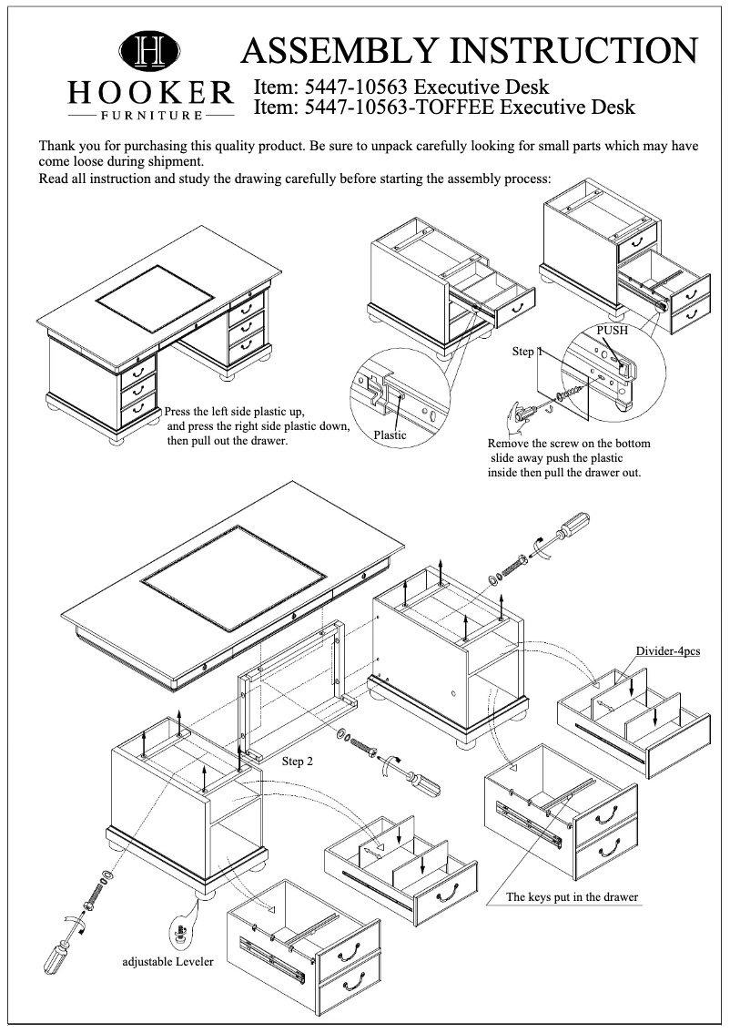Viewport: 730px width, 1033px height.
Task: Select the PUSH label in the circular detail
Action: coord(612,331)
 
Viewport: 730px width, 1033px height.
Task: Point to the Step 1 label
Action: coord(527,351)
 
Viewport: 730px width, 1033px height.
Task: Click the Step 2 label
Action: coord(298,761)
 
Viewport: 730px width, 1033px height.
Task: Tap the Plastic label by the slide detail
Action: coord(390,435)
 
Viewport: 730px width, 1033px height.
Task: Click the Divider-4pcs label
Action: coord(667,651)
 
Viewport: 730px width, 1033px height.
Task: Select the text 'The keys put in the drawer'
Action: coord(572,897)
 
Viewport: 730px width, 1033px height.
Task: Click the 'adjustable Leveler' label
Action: coord(168,961)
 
